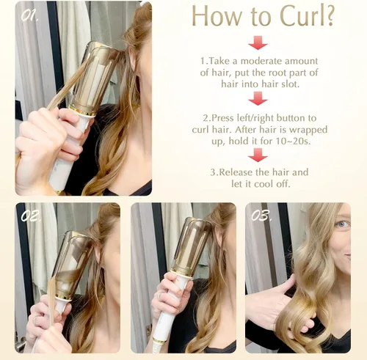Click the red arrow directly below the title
(x=258, y=43)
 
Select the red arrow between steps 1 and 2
(x=258, y=98)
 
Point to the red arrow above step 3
(x=258, y=155)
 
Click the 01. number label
(x=29, y=16)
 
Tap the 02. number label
(x=29, y=216)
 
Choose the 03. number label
(x=261, y=216)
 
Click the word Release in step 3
(x=236, y=172)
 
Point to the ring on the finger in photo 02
(x=36, y=320)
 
